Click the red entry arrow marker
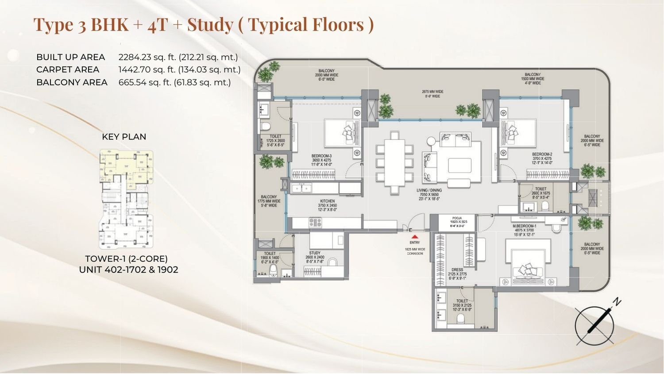pos(414,237)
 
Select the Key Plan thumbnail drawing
pos(126,199)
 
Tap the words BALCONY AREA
pos(72,82)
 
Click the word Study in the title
pos(210,24)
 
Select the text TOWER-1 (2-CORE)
pos(126,258)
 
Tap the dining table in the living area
pos(394,162)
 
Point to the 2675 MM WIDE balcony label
pos(432,94)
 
